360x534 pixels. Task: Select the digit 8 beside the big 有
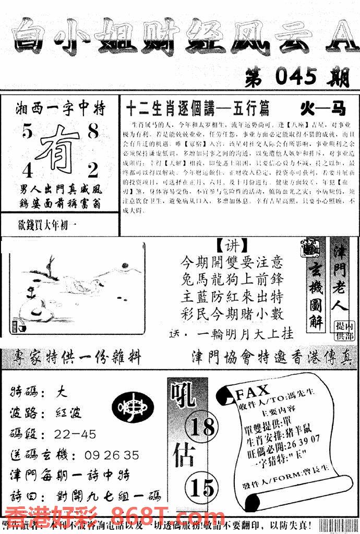coord(93,132)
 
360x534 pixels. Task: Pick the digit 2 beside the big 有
coord(93,170)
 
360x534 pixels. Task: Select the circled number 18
coord(202,428)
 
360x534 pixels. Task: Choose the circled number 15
coord(202,488)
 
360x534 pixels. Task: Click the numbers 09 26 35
coord(110,455)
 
